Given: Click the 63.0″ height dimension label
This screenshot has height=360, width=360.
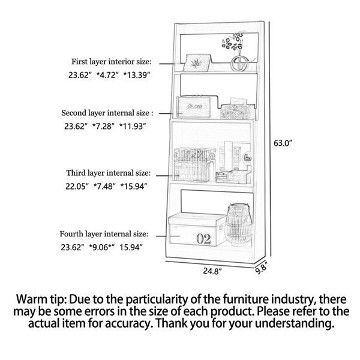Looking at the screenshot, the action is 283,143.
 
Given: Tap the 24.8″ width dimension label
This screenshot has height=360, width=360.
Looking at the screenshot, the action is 212,271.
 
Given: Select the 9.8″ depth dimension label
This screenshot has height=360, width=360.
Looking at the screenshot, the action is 261,268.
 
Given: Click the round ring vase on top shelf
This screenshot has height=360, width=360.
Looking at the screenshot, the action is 239,63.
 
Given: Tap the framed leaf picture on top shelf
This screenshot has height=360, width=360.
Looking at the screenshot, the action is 197,62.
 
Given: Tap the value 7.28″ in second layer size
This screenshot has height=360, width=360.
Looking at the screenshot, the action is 103,126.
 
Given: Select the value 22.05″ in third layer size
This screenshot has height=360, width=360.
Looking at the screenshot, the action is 77,187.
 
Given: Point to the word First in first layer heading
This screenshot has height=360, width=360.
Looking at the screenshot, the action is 79,62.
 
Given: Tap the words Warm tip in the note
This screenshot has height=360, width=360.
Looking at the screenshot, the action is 41,299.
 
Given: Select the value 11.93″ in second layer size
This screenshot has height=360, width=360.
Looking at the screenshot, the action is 133,126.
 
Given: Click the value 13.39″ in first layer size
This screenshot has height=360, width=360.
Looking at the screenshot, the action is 137,75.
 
